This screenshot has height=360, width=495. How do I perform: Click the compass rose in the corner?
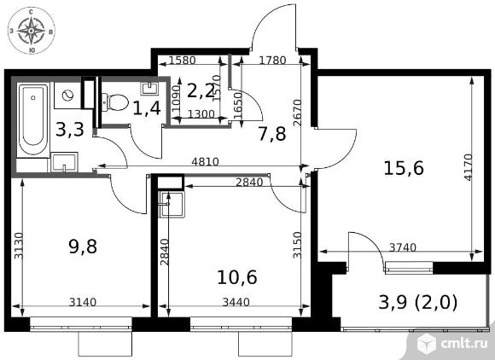(31, 31)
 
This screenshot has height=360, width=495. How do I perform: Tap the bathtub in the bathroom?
(32, 120)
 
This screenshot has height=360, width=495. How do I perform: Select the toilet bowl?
(115, 102)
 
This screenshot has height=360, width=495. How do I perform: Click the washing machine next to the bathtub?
(67, 96)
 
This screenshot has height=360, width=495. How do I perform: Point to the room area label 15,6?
(404, 168)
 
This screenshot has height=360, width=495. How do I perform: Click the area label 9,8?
(83, 247)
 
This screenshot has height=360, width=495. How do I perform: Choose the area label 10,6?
(237, 277)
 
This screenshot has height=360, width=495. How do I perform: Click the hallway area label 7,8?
(271, 133)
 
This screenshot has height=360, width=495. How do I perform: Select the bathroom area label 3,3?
(70, 130)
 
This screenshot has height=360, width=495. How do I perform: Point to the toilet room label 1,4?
(147, 108)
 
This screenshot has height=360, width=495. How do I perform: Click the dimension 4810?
(205, 162)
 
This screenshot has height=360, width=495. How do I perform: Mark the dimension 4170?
(469, 167)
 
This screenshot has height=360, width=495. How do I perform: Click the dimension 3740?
(403, 247)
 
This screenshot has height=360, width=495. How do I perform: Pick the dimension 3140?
(83, 302)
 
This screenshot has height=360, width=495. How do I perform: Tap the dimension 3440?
(236, 302)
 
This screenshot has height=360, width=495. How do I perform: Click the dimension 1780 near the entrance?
(272, 60)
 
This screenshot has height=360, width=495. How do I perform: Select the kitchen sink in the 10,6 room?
(172, 205)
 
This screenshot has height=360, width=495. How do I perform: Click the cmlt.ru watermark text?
(463, 344)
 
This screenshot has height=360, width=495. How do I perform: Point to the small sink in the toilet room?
(150, 89)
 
